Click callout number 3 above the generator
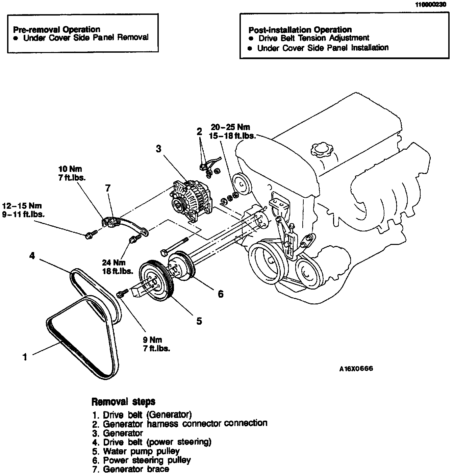[159, 149]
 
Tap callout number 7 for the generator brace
[108, 188]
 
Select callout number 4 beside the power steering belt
[32, 256]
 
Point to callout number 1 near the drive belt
[25, 357]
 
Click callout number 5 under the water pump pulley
[199, 321]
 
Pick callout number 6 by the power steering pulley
[221, 294]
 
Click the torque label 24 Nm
[114, 262]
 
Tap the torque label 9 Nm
[152, 340]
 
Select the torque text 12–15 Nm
[22, 205]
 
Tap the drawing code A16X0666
[356, 369]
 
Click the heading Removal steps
[123, 402]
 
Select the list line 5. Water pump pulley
[136, 451]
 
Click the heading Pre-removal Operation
[56, 29]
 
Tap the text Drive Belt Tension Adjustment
[313, 38]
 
